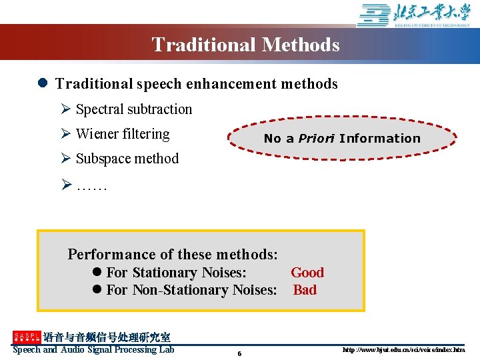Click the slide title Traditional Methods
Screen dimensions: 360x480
[x=245, y=45]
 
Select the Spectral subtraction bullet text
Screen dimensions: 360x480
[x=133, y=109]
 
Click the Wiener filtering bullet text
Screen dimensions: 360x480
[x=123, y=134]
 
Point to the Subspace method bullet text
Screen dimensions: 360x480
[x=127, y=159]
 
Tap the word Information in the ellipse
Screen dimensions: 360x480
[x=379, y=139]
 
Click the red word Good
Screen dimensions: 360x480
[x=307, y=273]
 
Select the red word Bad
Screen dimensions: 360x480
[x=305, y=290]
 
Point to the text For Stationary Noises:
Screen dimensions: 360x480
[x=176, y=273]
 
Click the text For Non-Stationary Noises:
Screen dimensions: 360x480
[x=191, y=290]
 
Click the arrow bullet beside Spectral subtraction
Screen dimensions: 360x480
[x=66, y=109]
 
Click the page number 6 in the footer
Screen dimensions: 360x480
[x=239, y=353]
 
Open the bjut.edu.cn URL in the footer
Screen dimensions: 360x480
[x=403, y=350]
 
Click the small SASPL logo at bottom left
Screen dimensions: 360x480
[x=27, y=337]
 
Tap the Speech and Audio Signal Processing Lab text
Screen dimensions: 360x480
[x=93, y=350]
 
